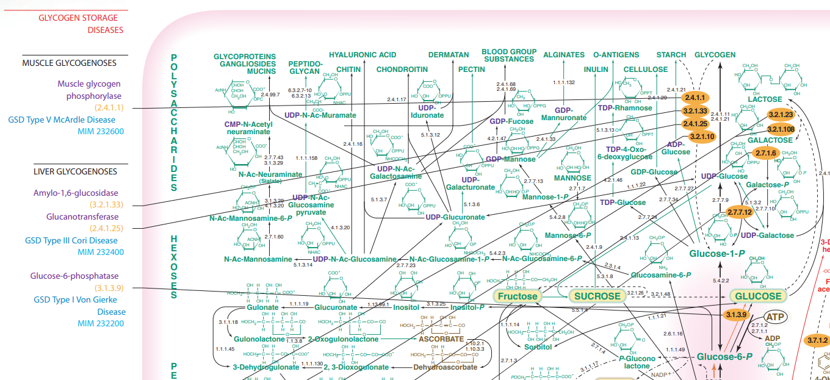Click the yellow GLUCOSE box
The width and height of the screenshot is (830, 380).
pyautogui.click(x=757, y=296)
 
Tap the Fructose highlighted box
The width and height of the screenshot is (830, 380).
pyautogui.click(x=517, y=296)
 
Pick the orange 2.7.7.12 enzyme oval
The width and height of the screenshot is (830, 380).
pyautogui.click(x=738, y=212)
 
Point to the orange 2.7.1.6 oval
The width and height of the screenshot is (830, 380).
pyautogui.click(x=765, y=153)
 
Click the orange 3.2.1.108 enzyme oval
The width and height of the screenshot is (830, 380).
pyautogui.click(x=781, y=129)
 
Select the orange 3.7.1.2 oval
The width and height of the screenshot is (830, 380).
pyautogui.click(x=818, y=340)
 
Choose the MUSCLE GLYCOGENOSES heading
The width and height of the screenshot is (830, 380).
pyautogui.click(x=69, y=63)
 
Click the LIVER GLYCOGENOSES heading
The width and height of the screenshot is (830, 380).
pyautogui.click(x=75, y=171)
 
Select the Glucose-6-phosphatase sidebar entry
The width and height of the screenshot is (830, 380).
pyautogui.click(x=74, y=276)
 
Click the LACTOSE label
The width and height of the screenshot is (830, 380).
pyautogui.click(x=765, y=99)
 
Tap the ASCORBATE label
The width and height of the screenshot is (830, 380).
pyautogui.click(x=441, y=339)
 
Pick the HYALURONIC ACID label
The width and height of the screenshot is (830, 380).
pyautogui.click(x=363, y=55)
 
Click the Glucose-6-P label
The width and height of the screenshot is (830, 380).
pyautogui.click(x=724, y=356)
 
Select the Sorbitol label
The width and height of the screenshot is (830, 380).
pyautogui.click(x=538, y=347)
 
